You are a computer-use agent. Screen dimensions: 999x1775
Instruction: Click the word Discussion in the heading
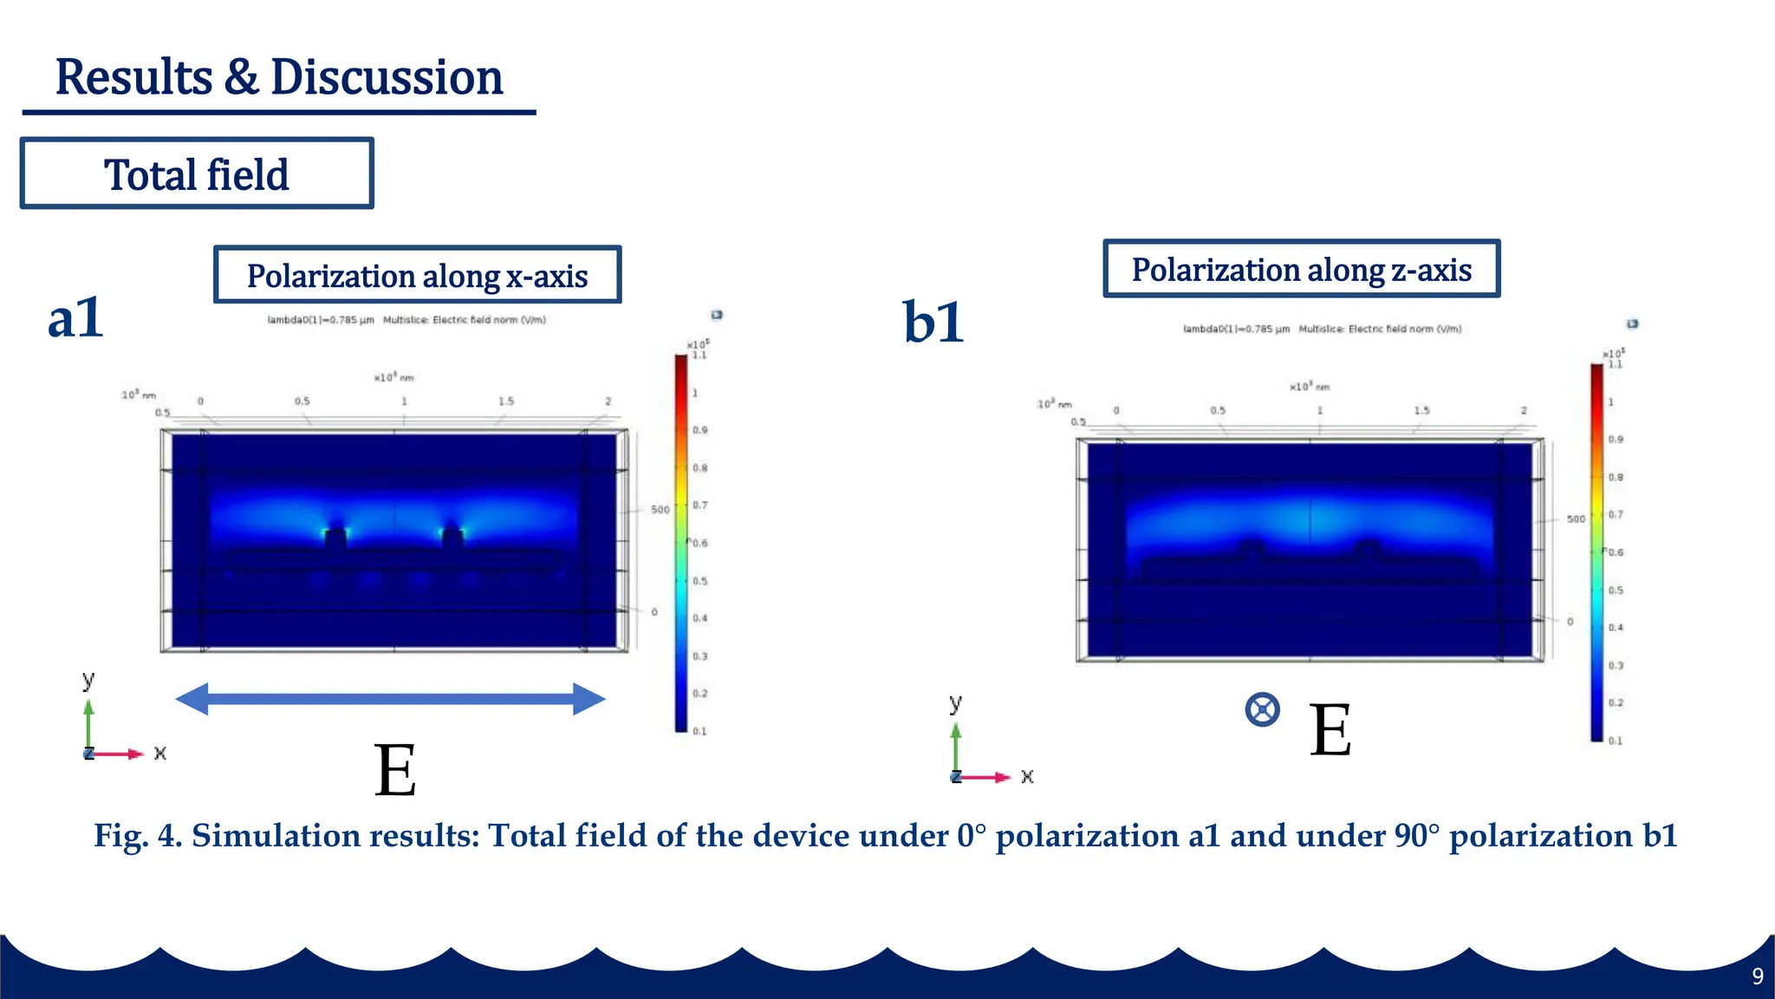pyautogui.click(x=387, y=78)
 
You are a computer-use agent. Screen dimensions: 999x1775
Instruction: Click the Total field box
pyautogui.click(x=197, y=174)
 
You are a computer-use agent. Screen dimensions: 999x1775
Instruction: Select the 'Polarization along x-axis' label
pyautogui.click(x=417, y=276)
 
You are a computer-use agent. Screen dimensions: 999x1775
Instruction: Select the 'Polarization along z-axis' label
pyautogui.click(x=1301, y=270)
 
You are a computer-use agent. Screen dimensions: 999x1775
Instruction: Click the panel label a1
pyautogui.click(x=75, y=318)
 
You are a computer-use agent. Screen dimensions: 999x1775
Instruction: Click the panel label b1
pyautogui.click(x=933, y=323)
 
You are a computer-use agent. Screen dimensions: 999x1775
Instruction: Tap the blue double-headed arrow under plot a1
pyautogui.click(x=390, y=699)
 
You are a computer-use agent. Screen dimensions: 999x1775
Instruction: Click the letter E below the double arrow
pyautogui.click(x=395, y=770)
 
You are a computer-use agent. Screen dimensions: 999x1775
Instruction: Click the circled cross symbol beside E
pyautogui.click(x=1262, y=709)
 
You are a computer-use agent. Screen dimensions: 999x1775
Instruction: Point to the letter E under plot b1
pyautogui.click(x=1330, y=730)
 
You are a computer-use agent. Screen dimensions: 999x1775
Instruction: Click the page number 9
pyautogui.click(x=1758, y=976)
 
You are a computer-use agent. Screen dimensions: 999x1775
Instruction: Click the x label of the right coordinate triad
pyautogui.click(x=1027, y=777)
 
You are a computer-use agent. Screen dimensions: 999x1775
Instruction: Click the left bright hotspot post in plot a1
pyautogui.click(x=335, y=537)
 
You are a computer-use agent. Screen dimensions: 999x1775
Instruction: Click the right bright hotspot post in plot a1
pyautogui.click(x=452, y=537)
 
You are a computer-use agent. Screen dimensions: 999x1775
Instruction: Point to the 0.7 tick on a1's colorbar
pyautogui.click(x=700, y=506)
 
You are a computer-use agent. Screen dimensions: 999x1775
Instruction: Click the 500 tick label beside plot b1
pyautogui.click(x=1576, y=519)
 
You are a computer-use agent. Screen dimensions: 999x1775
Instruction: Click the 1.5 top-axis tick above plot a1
pyautogui.click(x=506, y=402)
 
